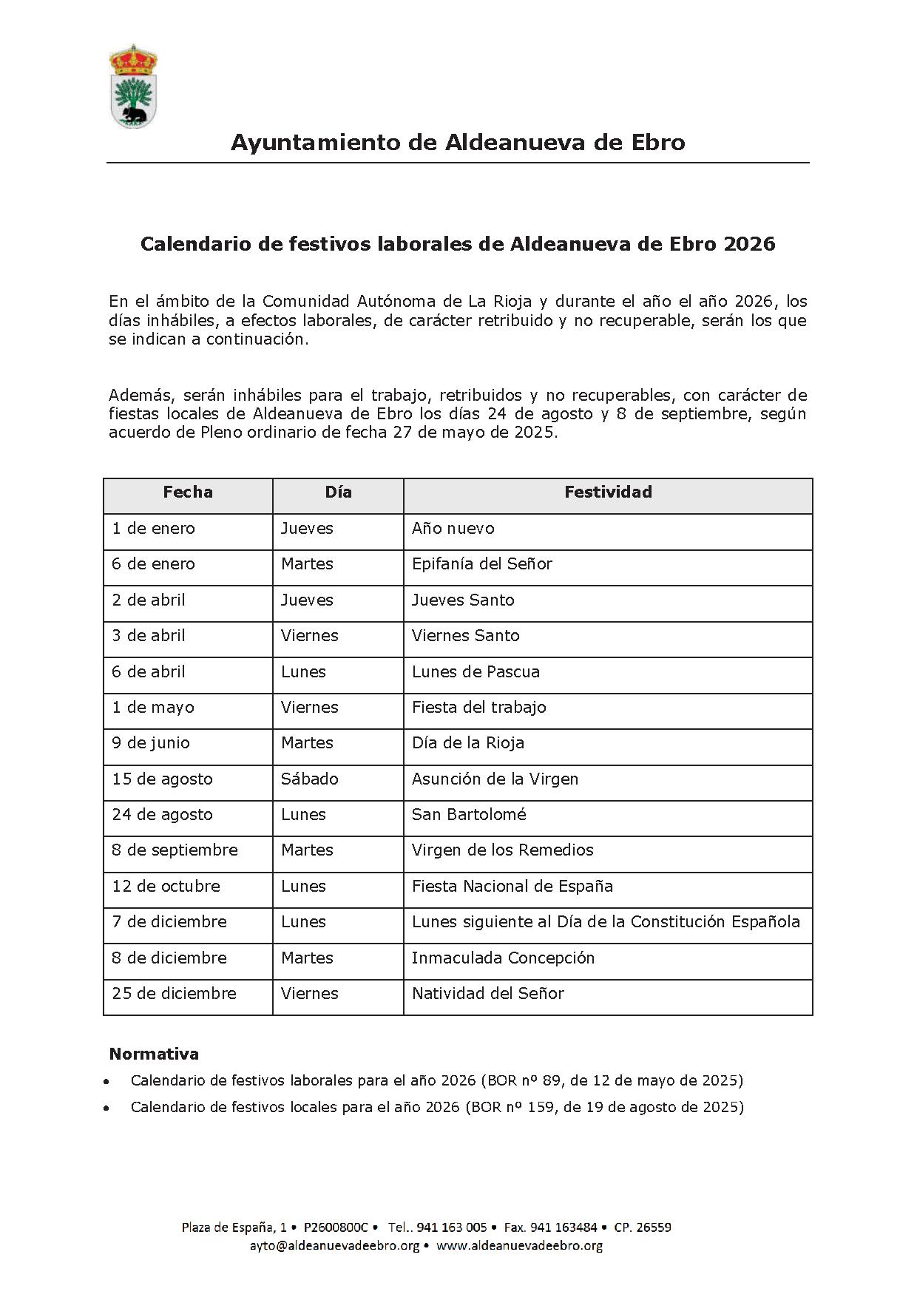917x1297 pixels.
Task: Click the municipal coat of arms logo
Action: [x=133, y=86]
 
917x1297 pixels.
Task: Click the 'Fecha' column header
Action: [x=188, y=492]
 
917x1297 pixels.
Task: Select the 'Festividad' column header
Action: [x=608, y=492]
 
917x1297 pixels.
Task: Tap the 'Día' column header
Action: [x=338, y=492]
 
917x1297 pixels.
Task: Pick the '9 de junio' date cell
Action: [x=151, y=743]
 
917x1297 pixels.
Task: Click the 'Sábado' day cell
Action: [x=310, y=779]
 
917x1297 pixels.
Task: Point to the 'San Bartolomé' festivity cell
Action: [x=469, y=815]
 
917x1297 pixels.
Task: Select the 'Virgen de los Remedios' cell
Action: [x=503, y=850]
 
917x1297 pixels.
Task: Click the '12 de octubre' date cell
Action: [x=166, y=887]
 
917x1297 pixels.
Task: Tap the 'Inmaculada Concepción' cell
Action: [x=503, y=958]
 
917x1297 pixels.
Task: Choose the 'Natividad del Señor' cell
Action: [x=488, y=994]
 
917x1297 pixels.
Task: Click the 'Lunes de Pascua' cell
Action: [x=476, y=672]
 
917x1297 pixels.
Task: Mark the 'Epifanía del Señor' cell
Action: [x=482, y=564]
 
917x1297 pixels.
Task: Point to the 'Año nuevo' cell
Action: [x=453, y=529]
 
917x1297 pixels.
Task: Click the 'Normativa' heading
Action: [x=154, y=1054]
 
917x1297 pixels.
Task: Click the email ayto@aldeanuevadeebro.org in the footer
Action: [x=334, y=1245]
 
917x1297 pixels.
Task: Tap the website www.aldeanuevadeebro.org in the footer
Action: [x=519, y=1245]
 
